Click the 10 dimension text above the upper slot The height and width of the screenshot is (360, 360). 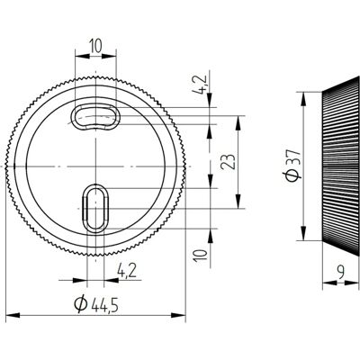(x=96, y=46)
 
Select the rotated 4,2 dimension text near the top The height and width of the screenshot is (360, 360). (x=202, y=84)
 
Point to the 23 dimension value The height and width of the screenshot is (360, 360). (x=229, y=162)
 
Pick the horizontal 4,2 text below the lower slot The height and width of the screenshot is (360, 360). (x=127, y=271)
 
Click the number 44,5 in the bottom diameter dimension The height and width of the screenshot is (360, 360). (x=104, y=303)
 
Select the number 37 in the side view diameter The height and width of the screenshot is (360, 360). (x=292, y=155)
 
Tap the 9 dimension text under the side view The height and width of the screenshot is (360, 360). (x=340, y=273)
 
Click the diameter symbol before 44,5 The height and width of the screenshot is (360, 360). (x=81, y=303)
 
